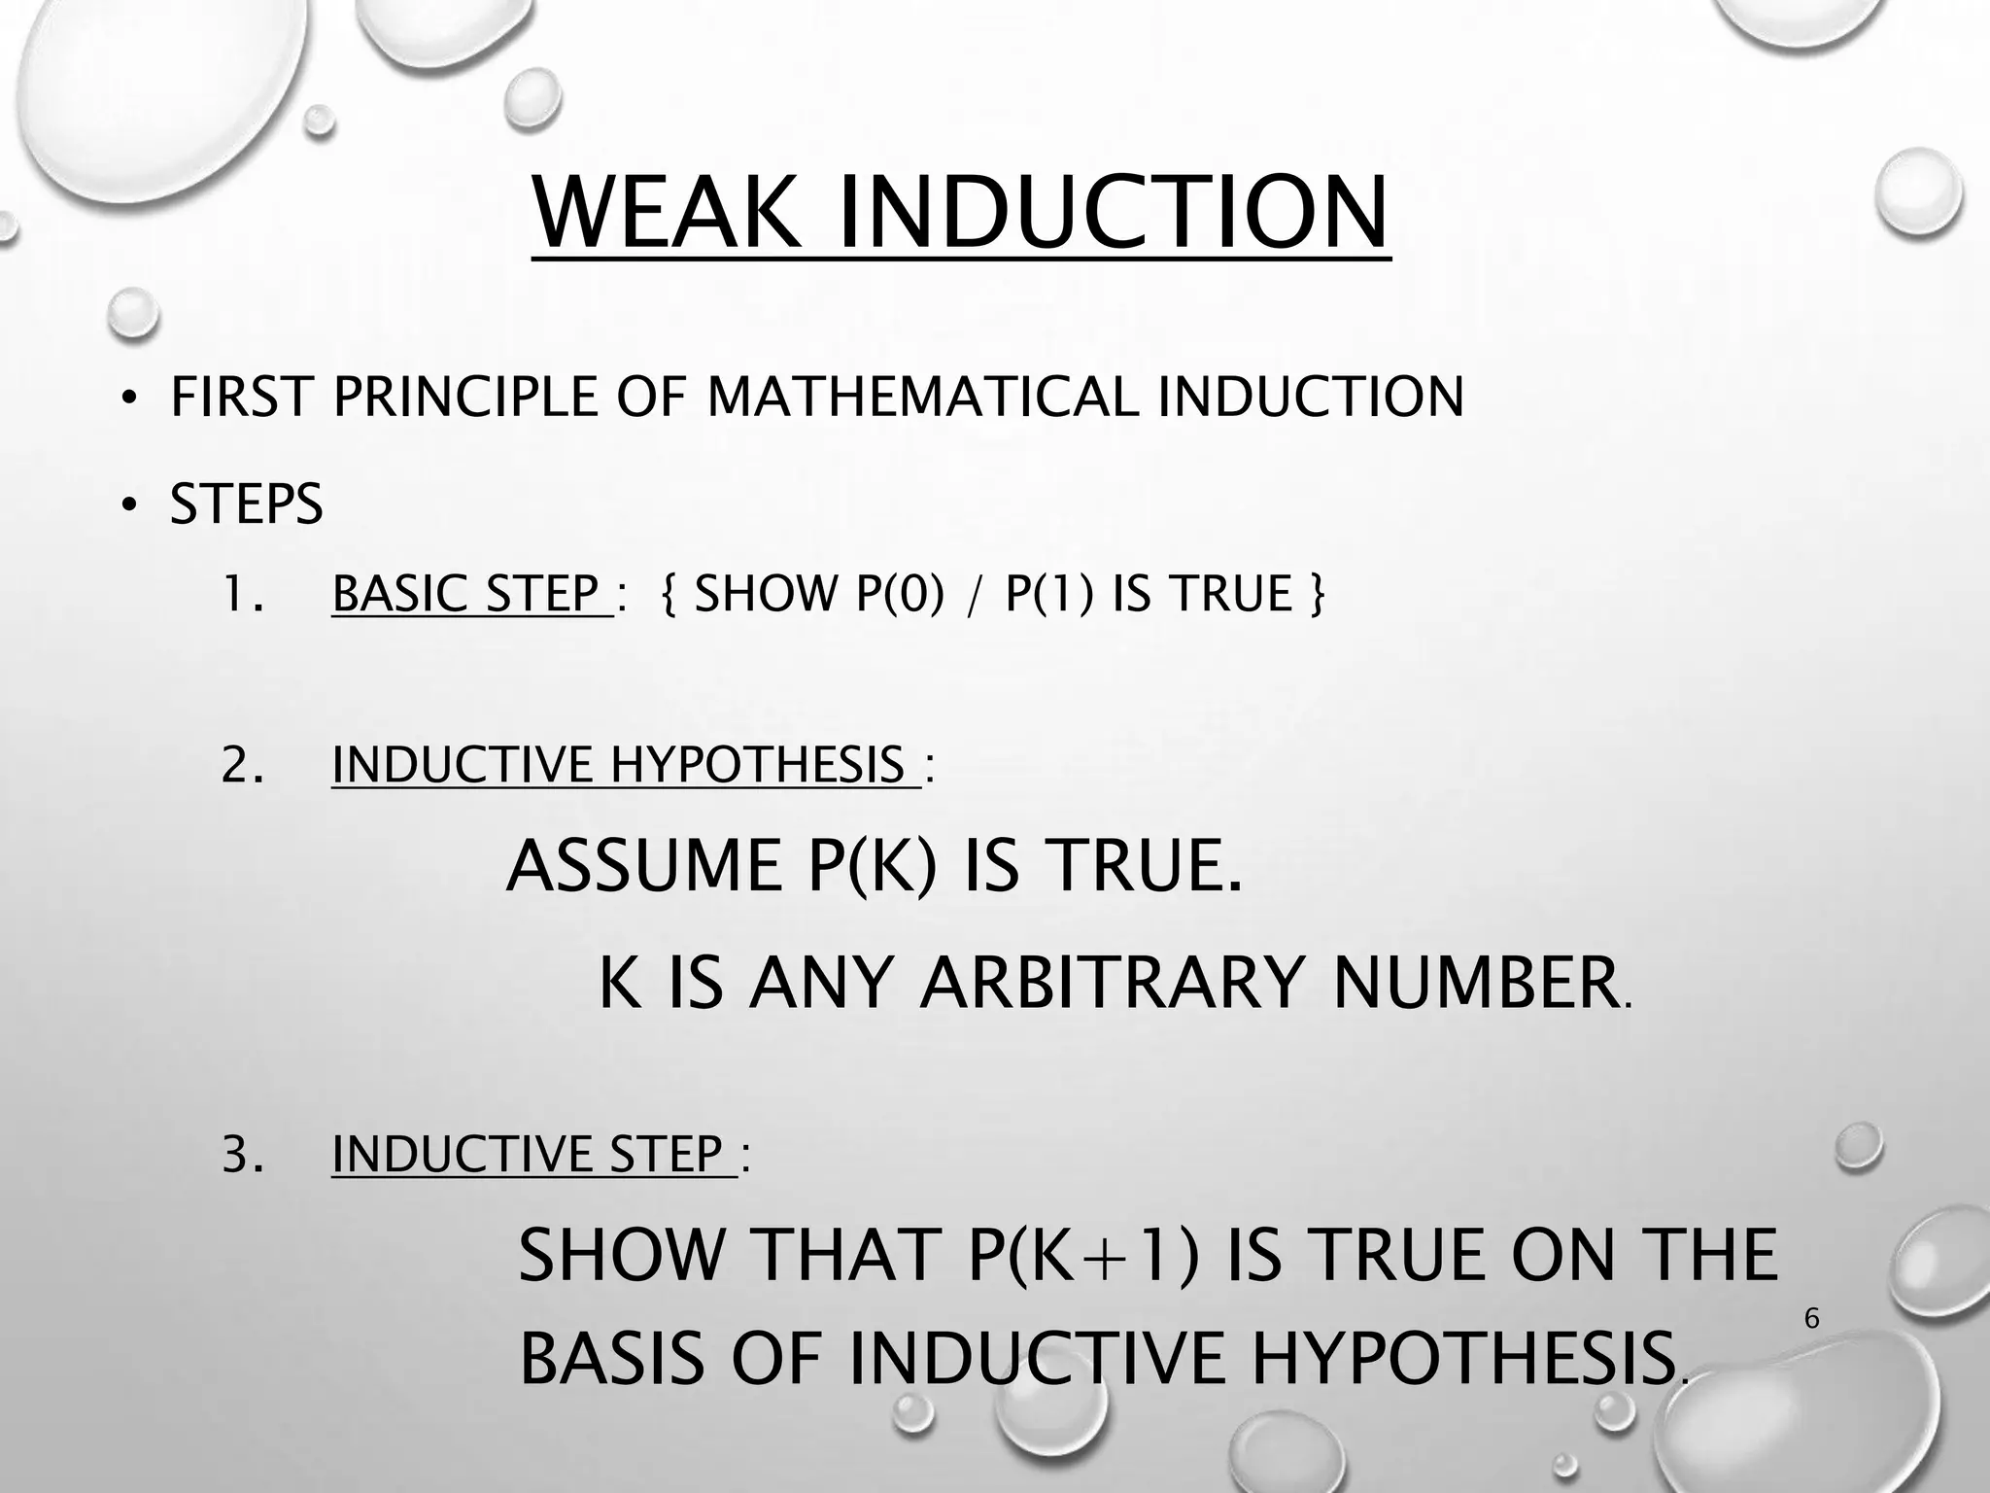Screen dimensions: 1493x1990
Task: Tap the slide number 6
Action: [1811, 1319]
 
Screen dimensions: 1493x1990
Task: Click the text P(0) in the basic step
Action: [900, 594]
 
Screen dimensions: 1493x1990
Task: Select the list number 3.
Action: [241, 1155]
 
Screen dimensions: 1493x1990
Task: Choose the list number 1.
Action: [241, 594]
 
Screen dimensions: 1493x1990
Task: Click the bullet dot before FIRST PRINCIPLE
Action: [127, 399]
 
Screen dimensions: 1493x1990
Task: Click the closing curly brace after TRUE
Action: [1317, 594]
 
